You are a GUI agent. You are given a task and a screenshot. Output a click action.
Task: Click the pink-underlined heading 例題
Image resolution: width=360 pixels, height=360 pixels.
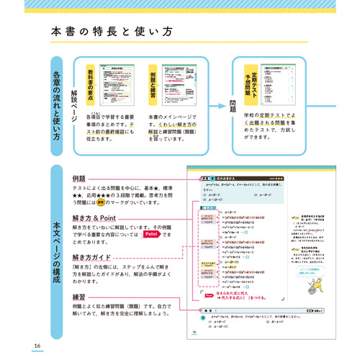tap(79, 177)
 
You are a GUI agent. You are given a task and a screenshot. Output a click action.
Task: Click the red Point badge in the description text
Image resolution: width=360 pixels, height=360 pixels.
tap(150, 235)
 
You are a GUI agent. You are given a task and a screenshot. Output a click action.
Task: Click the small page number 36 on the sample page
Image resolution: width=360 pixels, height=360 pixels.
tap(194, 332)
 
